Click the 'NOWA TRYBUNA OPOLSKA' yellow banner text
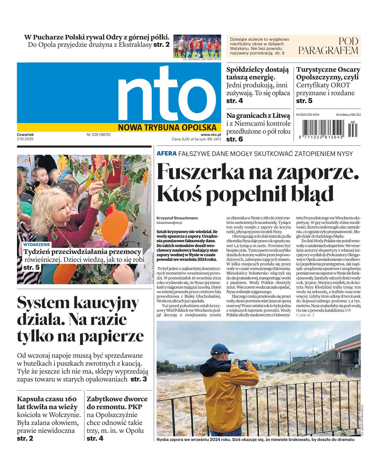pyautogui.click(x=167, y=127)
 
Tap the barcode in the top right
pyautogui.click(x=322, y=129)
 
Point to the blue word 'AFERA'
pyautogui.click(x=167, y=153)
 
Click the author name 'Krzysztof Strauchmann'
pyautogui.click(x=177, y=218)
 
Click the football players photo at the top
pyautogui.click(x=197, y=46)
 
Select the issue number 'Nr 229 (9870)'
pyautogui.click(x=99, y=135)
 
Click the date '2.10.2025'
pyautogui.click(x=25, y=139)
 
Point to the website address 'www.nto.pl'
pyautogui.click(x=211, y=135)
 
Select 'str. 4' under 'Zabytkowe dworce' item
pyautogui.click(x=95, y=438)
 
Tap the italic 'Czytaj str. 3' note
pyautogui.click(x=305, y=315)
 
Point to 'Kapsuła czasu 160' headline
pyautogui.click(x=47, y=399)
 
